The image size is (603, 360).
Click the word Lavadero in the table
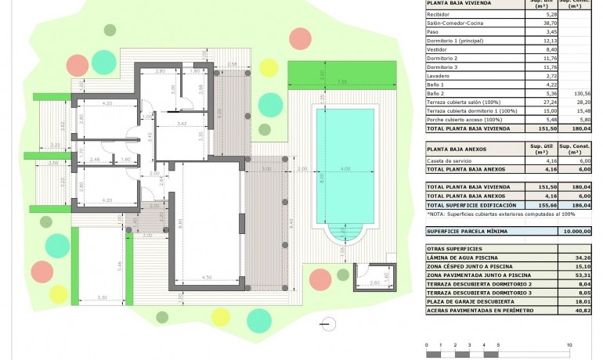(439, 76)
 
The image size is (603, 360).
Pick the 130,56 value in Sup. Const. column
(580, 92)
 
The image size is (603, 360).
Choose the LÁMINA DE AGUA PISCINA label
(464, 257)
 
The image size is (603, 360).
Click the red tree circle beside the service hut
(320, 278)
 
